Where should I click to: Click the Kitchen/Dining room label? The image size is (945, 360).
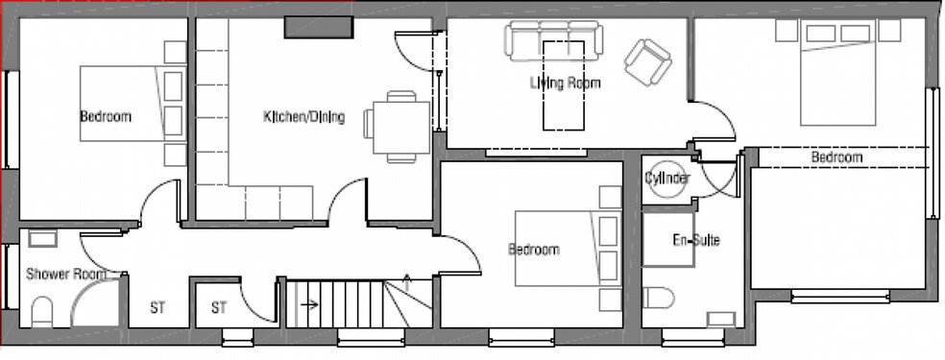(x=303, y=117)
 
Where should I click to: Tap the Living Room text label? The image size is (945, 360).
(x=566, y=83)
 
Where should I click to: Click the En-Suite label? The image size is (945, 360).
(x=696, y=241)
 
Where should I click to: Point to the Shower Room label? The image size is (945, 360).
(x=66, y=275)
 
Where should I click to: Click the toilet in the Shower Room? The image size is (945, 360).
(x=42, y=311)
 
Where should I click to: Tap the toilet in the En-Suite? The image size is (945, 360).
(x=658, y=298)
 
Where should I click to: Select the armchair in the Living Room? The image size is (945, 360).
(x=648, y=62)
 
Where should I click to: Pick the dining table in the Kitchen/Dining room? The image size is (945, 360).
(x=401, y=127)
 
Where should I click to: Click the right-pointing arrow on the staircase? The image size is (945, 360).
(x=309, y=304)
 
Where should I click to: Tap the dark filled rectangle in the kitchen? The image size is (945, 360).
(x=318, y=27)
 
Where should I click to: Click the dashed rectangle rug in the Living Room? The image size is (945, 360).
(x=564, y=85)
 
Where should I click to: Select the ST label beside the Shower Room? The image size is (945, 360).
(x=157, y=308)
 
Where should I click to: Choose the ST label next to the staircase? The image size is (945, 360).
(x=219, y=308)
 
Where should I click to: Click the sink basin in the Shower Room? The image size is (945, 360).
(x=42, y=239)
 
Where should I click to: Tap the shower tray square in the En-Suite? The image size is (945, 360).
(x=667, y=240)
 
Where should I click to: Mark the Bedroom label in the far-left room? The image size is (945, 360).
(x=106, y=116)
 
